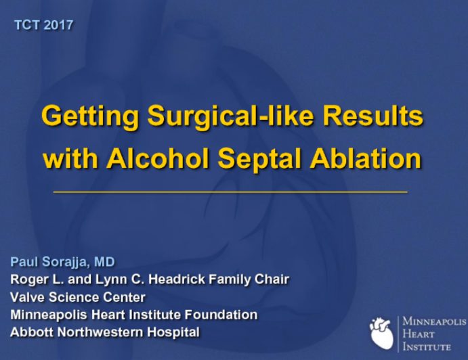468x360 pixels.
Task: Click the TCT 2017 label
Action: tap(43, 25)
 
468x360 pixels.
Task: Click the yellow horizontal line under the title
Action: tap(230, 192)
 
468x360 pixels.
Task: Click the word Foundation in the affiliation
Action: tap(219, 315)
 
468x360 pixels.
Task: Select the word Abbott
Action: tap(29, 332)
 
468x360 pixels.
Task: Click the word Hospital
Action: tap(175, 332)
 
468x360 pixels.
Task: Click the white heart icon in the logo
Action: tap(381, 333)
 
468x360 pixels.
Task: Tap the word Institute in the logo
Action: tap(426, 346)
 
